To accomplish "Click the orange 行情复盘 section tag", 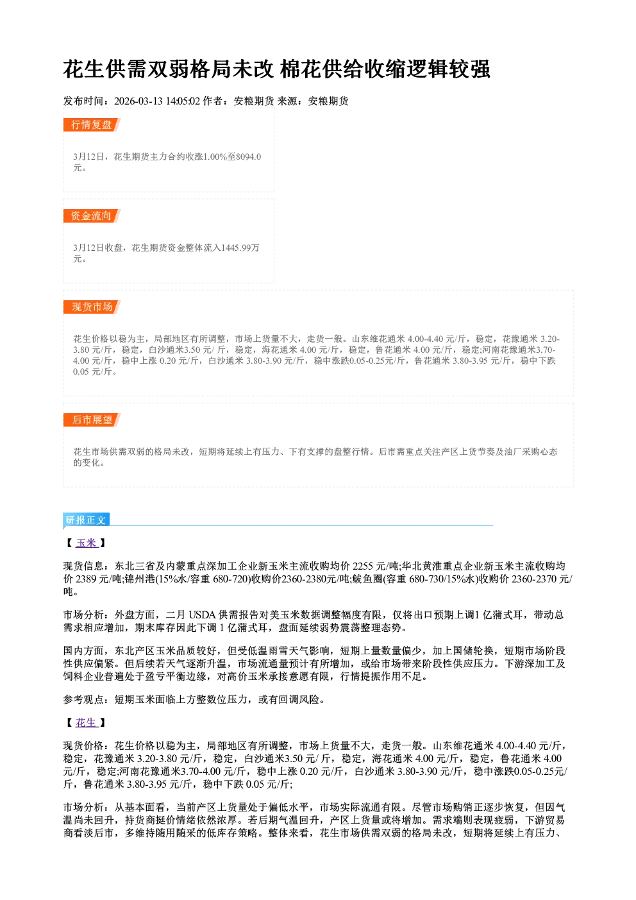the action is [x=92, y=125].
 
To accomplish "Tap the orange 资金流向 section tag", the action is [x=92, y=216].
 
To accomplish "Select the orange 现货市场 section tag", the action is [x=92, y=307].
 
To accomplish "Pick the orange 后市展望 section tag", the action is [x=92, y=420].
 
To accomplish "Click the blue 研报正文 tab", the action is [x=86, y=520].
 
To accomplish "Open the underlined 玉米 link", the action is [x=87, y=543].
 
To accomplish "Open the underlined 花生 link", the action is [x=87, y=723].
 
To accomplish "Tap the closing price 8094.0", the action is [x=248, y=157].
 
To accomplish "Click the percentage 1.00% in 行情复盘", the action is [x=215, y=157].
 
